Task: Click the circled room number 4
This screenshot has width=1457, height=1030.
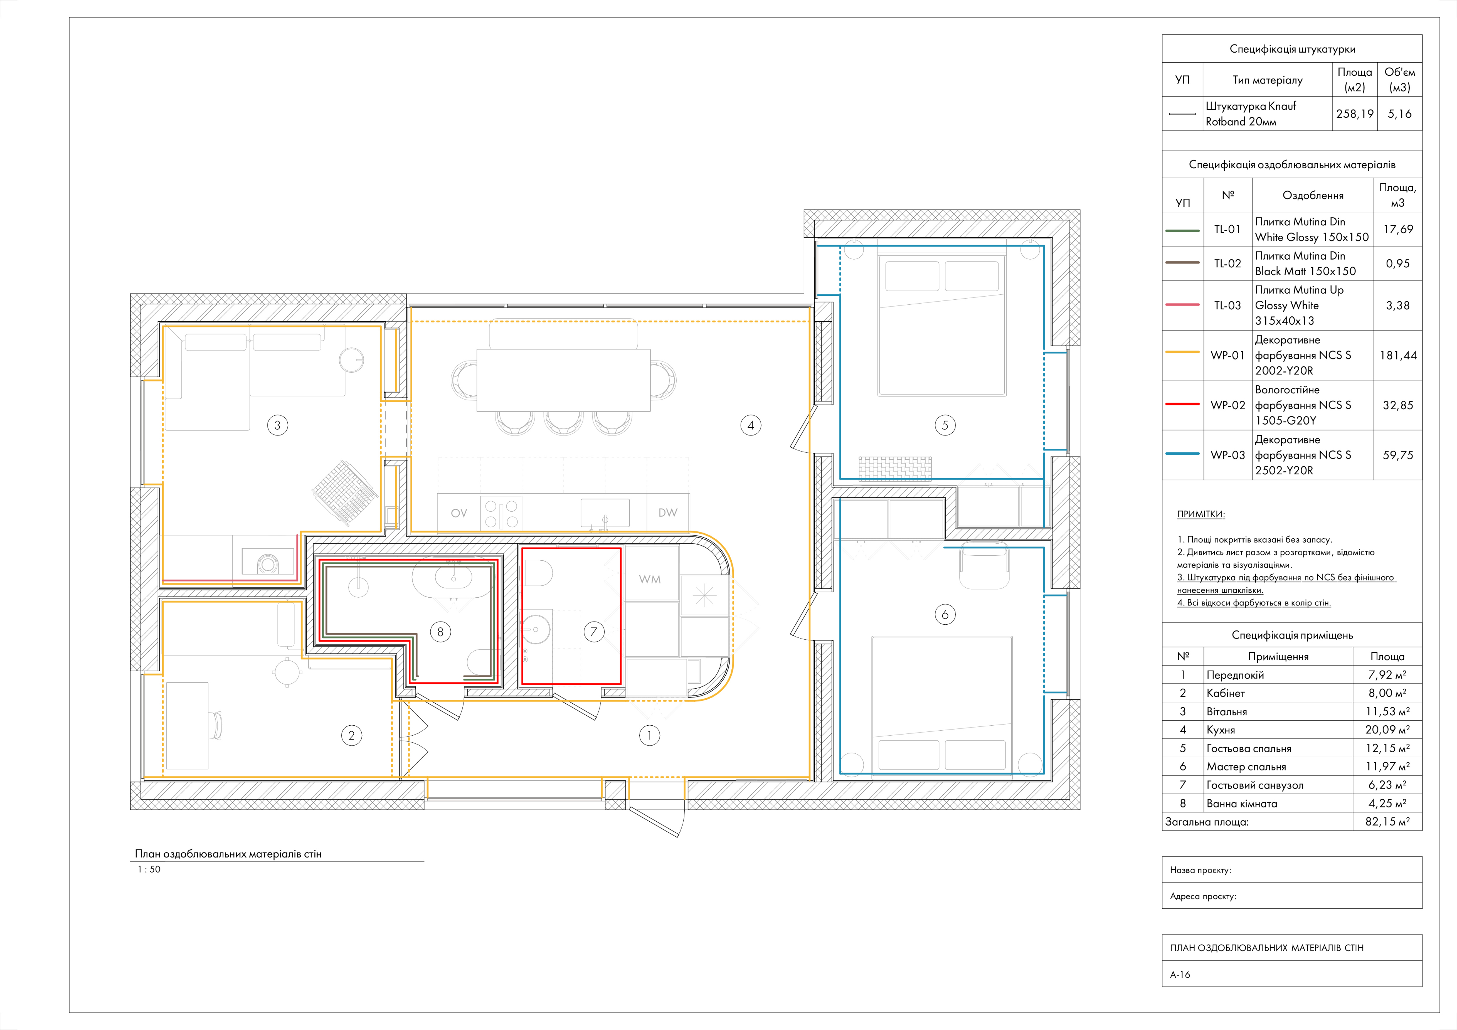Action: coord(751,426)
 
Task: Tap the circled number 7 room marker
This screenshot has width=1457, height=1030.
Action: coord(594,632)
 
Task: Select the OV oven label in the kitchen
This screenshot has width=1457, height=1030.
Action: coord(459,513)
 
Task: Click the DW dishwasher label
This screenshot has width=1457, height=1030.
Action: coord(668,512)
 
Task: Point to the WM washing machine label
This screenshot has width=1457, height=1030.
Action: coord(650,579)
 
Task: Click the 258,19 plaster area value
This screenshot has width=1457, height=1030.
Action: coord(1355,114)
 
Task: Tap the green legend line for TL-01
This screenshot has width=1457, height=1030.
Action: coord(1183,231)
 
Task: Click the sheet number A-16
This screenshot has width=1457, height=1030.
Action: coord(1180,974)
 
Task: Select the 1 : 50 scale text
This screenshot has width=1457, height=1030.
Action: coord(149,870)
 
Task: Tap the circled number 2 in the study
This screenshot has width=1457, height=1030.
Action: coord(351,736)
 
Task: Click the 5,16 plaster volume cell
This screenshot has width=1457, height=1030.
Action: coord(1400,114)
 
